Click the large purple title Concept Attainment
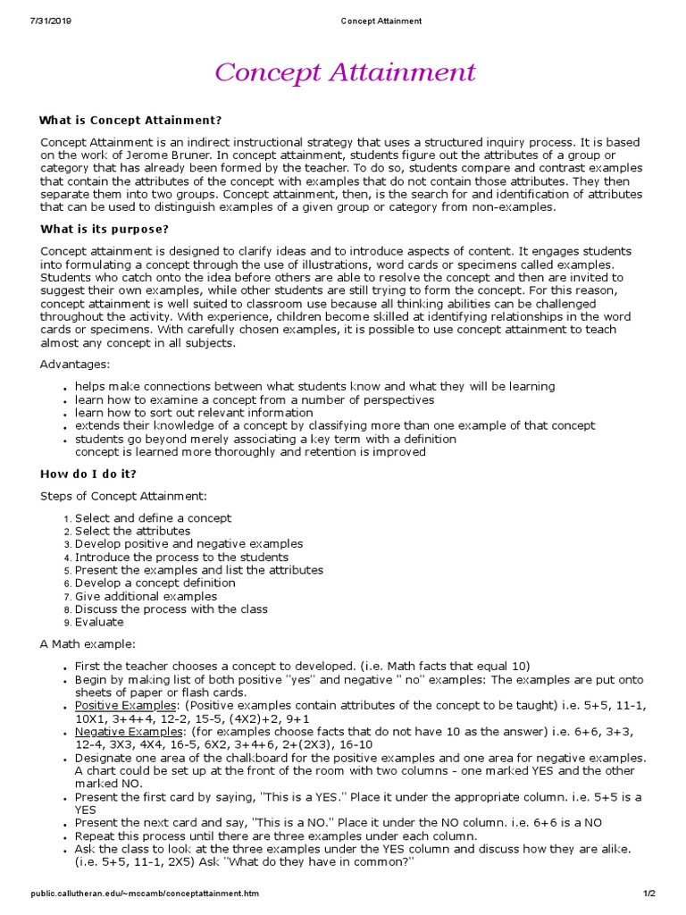point(343,72)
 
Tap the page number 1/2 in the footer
point(648,893)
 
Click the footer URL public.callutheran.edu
point(144,893)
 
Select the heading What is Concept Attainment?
point(130,120)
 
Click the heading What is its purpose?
point(105,229)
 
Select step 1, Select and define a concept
point(153,518)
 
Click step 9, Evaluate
point(99,622)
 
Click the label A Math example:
point(88,644)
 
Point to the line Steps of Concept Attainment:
point(123,496)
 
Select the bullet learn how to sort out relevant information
point(194,413)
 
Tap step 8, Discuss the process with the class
point(171,609)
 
